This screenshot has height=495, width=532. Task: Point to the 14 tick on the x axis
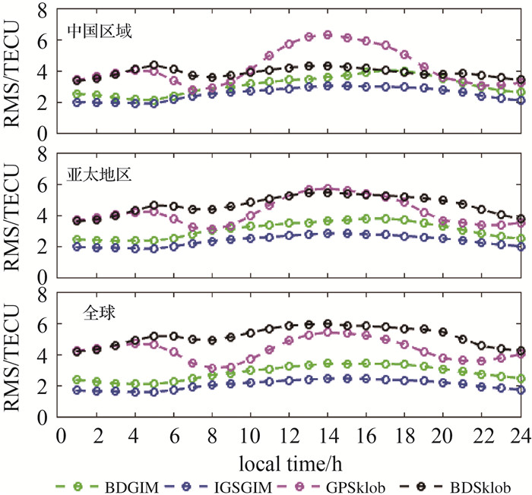click(x=328, y=434)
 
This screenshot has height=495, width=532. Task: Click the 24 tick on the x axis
click(x=519, y=434)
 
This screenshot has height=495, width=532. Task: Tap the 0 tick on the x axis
click(x=60, y=434)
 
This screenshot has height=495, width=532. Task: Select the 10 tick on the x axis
click(x=251, y=434)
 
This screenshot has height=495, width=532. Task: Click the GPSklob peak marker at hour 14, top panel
click(x=328, y=35)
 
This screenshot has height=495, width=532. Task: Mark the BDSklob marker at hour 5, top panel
click(x=155, y=65)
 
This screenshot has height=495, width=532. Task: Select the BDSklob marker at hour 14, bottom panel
click(x=328, y=324)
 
